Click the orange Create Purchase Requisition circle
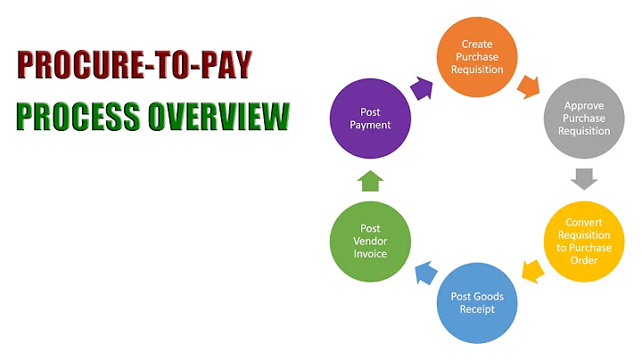tap(482, 56)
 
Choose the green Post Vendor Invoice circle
tap(370, 241)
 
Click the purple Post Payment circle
tap(370, 119)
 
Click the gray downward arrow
tap(584, 177)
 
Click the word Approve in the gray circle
tap(584, 105)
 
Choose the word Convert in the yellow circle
tap(584, 221)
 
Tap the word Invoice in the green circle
tap(370, 254)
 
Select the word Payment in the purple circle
tap(370, 126)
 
